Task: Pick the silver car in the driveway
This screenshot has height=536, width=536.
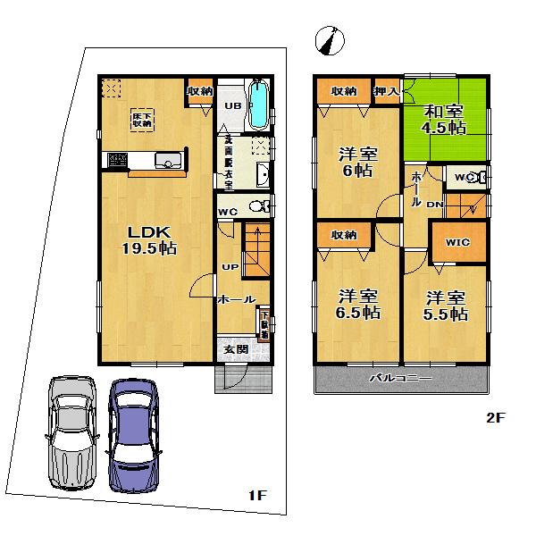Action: [70, 429]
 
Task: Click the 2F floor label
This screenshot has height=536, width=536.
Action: [496, 416]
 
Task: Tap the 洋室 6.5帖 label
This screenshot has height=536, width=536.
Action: [358, 304]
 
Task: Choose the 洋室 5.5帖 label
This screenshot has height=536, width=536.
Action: [446, 305]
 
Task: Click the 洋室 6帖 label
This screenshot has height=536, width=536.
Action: [356, 161]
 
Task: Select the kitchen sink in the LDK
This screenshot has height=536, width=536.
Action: [168, 161]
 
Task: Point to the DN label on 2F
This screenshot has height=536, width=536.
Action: [435, 205]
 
